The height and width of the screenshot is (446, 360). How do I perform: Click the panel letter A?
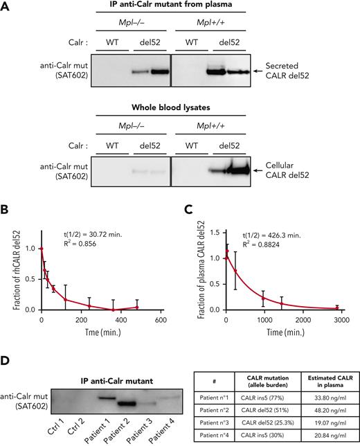point(6,6)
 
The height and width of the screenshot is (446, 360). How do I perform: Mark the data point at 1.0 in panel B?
point(42,249)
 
